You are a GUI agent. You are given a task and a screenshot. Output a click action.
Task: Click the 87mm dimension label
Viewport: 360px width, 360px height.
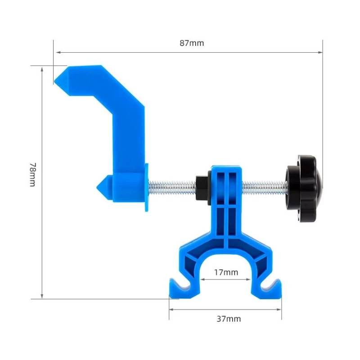click(x=191, y=43)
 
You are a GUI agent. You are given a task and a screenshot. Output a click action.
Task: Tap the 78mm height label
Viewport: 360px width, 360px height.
click(x=32, y=175)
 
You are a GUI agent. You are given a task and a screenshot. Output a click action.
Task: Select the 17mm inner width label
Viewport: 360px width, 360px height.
click(x=226, y=272)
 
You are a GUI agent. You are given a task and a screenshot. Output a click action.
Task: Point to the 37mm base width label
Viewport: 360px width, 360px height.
click(x=229, y=319)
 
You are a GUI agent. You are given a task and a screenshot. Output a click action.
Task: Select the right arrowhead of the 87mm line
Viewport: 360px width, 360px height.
click(x=320, y=52)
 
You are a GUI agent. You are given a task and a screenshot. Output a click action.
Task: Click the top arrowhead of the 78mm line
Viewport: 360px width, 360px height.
click(x=42, y=69)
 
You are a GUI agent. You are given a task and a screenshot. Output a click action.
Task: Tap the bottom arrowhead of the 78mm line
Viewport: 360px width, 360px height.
click(x=42, y=296)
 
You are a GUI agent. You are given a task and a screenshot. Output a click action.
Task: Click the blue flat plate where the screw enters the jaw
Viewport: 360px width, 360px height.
click(x=146, y=187)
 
